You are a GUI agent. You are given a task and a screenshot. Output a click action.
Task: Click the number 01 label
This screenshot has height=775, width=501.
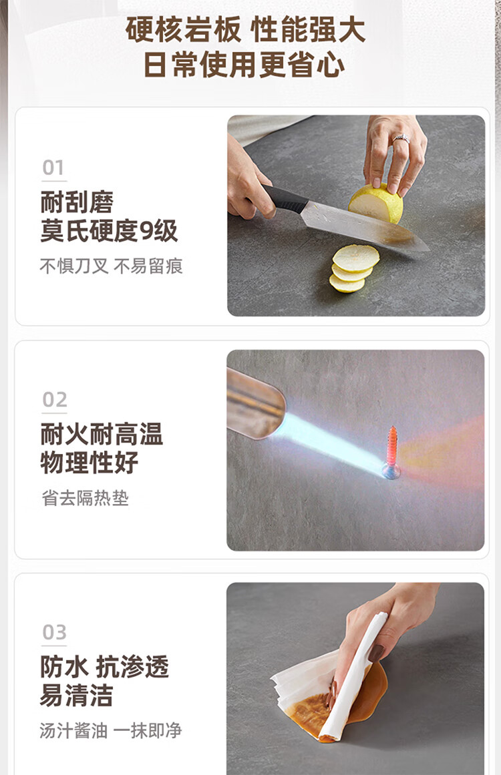click(53, 168)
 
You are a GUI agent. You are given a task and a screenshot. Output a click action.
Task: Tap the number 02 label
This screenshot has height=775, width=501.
click(54, 399)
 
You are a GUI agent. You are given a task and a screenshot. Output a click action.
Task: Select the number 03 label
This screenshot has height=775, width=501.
click(54, 632)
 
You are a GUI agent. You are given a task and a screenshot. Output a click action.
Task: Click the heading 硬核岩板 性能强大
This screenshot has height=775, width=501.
click(245, 29)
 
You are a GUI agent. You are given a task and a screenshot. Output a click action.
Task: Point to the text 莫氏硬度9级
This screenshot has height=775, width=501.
click(109, 231)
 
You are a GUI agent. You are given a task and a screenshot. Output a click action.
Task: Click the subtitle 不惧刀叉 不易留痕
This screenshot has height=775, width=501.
click(112, 266)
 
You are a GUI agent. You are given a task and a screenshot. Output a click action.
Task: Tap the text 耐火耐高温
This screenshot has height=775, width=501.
click(102, 434)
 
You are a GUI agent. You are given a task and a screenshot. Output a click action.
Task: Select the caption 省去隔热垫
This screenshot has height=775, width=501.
click(85, 498)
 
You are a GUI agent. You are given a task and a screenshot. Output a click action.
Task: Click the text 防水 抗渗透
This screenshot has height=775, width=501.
click(104, 667)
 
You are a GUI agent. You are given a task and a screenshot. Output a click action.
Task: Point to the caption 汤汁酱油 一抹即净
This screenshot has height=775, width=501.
click(111, 730)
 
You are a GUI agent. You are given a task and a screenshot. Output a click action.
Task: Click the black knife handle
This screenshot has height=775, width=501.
click(286, 198)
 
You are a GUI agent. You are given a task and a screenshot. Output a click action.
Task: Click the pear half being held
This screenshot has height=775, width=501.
click(375, 204)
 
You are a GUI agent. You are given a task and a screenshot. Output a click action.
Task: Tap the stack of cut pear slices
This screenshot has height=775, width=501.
click(353, 269)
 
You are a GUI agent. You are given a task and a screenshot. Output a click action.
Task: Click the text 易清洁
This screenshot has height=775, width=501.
click(77, 696)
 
